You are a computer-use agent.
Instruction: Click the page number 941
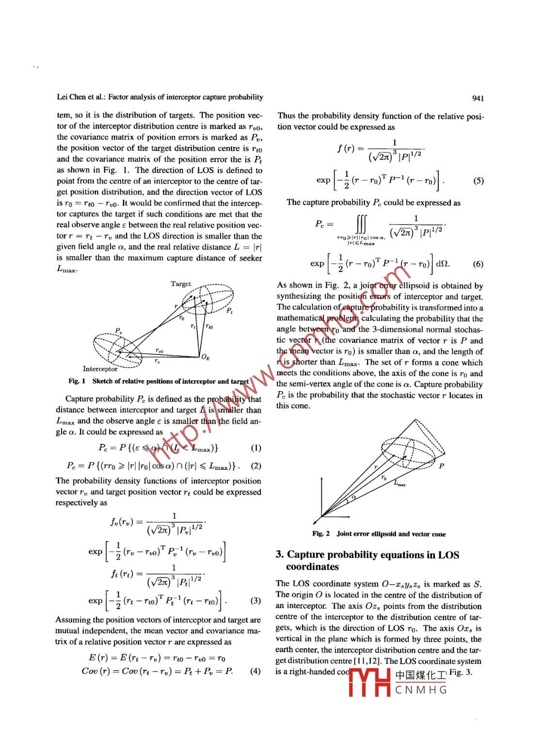[478, 98]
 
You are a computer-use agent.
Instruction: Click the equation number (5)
[478, 181]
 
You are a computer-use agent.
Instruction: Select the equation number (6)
[478, 264]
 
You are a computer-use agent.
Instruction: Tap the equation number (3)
[256, 601]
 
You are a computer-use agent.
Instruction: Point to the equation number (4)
[256, 672]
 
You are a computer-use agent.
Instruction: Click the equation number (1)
[256, 448]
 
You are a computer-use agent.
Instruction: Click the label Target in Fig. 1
[180, 284]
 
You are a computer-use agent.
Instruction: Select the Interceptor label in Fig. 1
[100, 369]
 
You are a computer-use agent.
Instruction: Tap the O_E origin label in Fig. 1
[205, 358]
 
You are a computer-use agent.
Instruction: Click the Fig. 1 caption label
[77, 381]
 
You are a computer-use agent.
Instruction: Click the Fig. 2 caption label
[321, 534]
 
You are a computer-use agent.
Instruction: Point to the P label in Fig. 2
[441, 466]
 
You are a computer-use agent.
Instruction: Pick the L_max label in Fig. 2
[399, 483]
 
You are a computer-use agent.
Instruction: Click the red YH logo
[370, 683]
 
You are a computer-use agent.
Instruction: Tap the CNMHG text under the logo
[421, 690]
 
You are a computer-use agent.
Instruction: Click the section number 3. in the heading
[280, 555]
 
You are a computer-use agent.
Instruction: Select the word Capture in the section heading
[306, 555]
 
